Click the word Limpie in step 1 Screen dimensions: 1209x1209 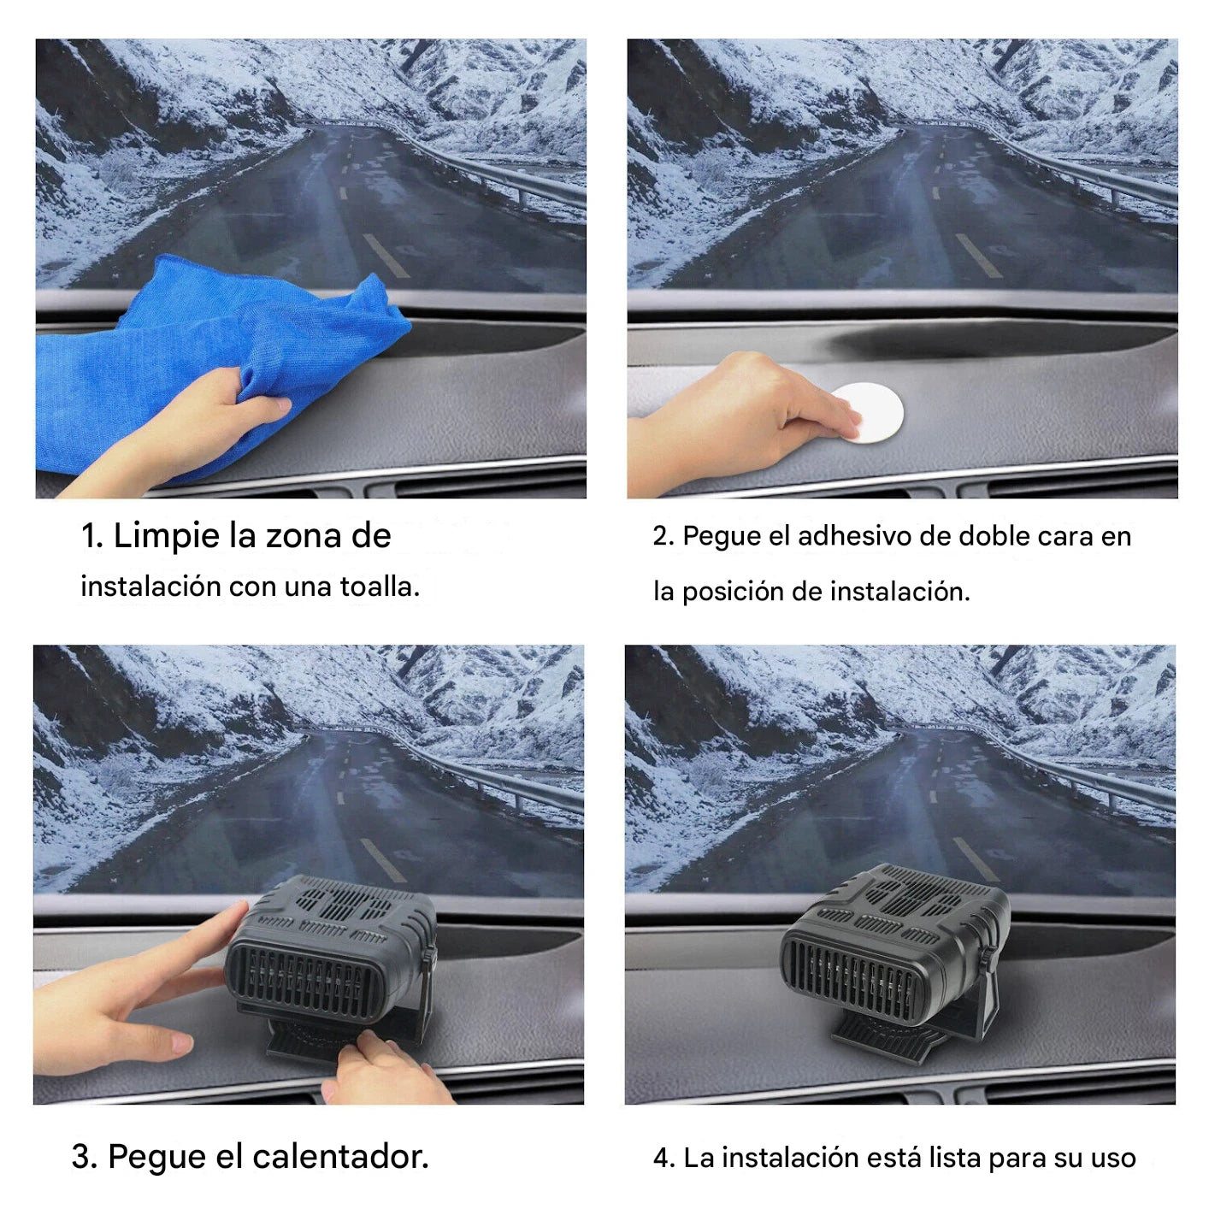pyautogui.click(x=166, y=536)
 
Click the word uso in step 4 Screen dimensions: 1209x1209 pyautogui.click(x=1113, y=1158)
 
